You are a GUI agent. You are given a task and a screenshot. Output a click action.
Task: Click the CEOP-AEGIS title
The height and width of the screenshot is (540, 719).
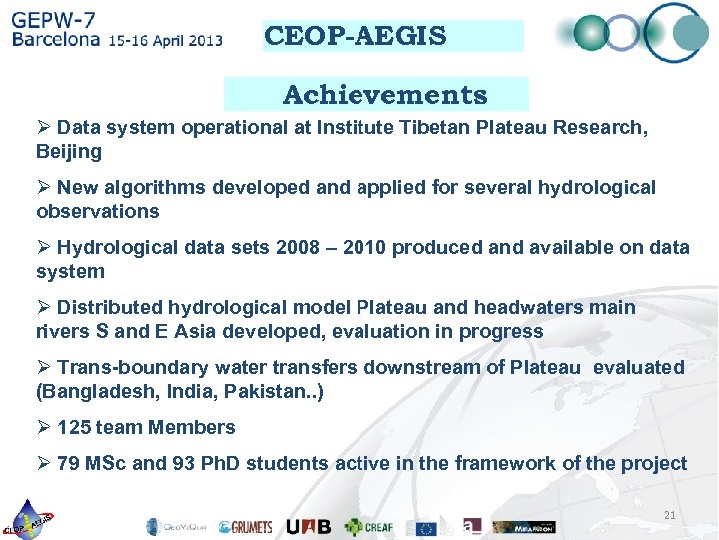point(356,37)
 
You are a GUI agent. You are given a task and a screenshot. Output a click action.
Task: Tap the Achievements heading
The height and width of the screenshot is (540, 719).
point(384,95)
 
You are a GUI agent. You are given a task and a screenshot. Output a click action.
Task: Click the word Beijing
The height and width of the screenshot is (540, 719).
point(69,152)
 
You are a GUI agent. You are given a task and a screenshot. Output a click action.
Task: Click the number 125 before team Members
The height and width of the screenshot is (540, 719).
point(74,427)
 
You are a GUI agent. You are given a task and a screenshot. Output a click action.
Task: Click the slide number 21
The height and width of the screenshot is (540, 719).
point(670,515)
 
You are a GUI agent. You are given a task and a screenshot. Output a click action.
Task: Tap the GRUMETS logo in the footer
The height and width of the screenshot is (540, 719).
point(245,526)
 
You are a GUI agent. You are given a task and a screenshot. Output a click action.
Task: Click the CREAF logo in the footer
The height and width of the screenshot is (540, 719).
point(369,526)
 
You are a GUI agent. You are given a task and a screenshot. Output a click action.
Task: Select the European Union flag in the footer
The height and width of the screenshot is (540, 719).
point(427,527)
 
